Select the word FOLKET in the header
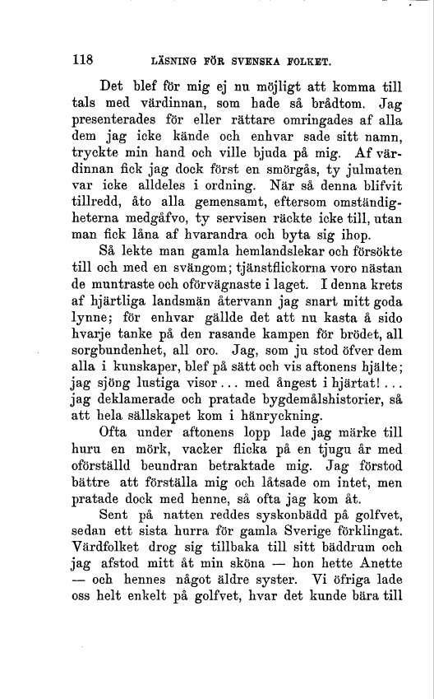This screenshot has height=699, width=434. (304, 60)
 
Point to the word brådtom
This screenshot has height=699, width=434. (337, 105)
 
